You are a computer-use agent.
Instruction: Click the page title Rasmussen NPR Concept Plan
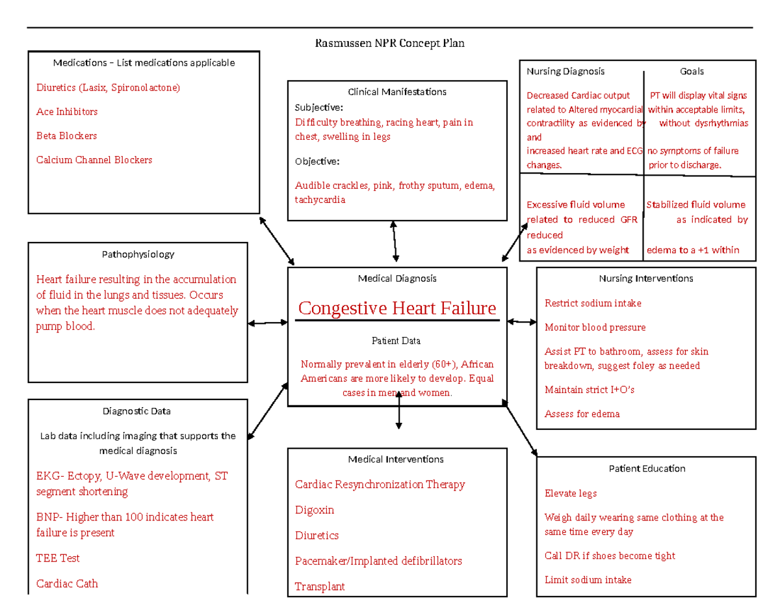[390, 44]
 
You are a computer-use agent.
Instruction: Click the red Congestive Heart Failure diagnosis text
[396, 308]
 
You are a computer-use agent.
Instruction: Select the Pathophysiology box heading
[138, 254]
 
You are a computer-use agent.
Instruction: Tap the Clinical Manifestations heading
[397, 92]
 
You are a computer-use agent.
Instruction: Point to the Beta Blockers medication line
[66, 136]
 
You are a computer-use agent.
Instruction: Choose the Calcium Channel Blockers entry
[94, 160]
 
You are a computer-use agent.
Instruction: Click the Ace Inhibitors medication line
[67, 112]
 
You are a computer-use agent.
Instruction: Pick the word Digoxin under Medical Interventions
[315, 510]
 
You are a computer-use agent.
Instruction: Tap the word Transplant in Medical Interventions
[320, 586]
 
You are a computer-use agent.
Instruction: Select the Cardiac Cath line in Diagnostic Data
[67, 583]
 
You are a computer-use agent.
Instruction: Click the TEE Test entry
[58, 558]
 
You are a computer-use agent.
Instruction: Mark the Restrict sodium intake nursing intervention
[593, 303]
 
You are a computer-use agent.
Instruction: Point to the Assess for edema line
[582, 414]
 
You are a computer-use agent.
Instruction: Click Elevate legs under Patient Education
[571, 493]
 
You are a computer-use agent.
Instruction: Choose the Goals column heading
[692, 71]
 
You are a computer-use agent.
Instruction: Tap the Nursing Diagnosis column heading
[565, 71]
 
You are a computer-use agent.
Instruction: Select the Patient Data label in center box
[396, 341]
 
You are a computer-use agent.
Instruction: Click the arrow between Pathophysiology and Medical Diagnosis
[268, 323]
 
